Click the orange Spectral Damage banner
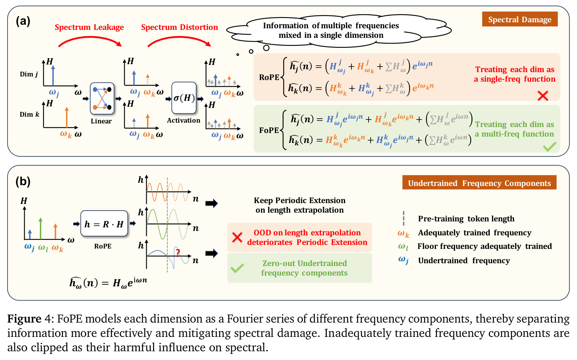coord(520,19)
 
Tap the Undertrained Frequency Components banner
coord(479,182)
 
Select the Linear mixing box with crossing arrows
coord(102,98)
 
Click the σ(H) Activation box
coord(184,98)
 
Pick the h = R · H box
coord(104,223)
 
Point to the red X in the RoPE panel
coord(543,96)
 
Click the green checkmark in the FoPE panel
coord(550,147)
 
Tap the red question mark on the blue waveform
coord(178,252)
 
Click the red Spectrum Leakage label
coord(89,27)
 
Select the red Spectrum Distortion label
coord(180,27)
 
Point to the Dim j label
coord(29,74)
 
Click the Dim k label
coord(29,114)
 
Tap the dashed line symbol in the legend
coord(404,218)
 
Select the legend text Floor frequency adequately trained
coord(485,246)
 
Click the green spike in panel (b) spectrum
coord(40,228)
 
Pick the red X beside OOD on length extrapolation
coord(237,237)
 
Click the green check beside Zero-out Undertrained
coord(237,268)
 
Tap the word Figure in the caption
coord(24,319)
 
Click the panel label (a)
coord(23,21)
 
